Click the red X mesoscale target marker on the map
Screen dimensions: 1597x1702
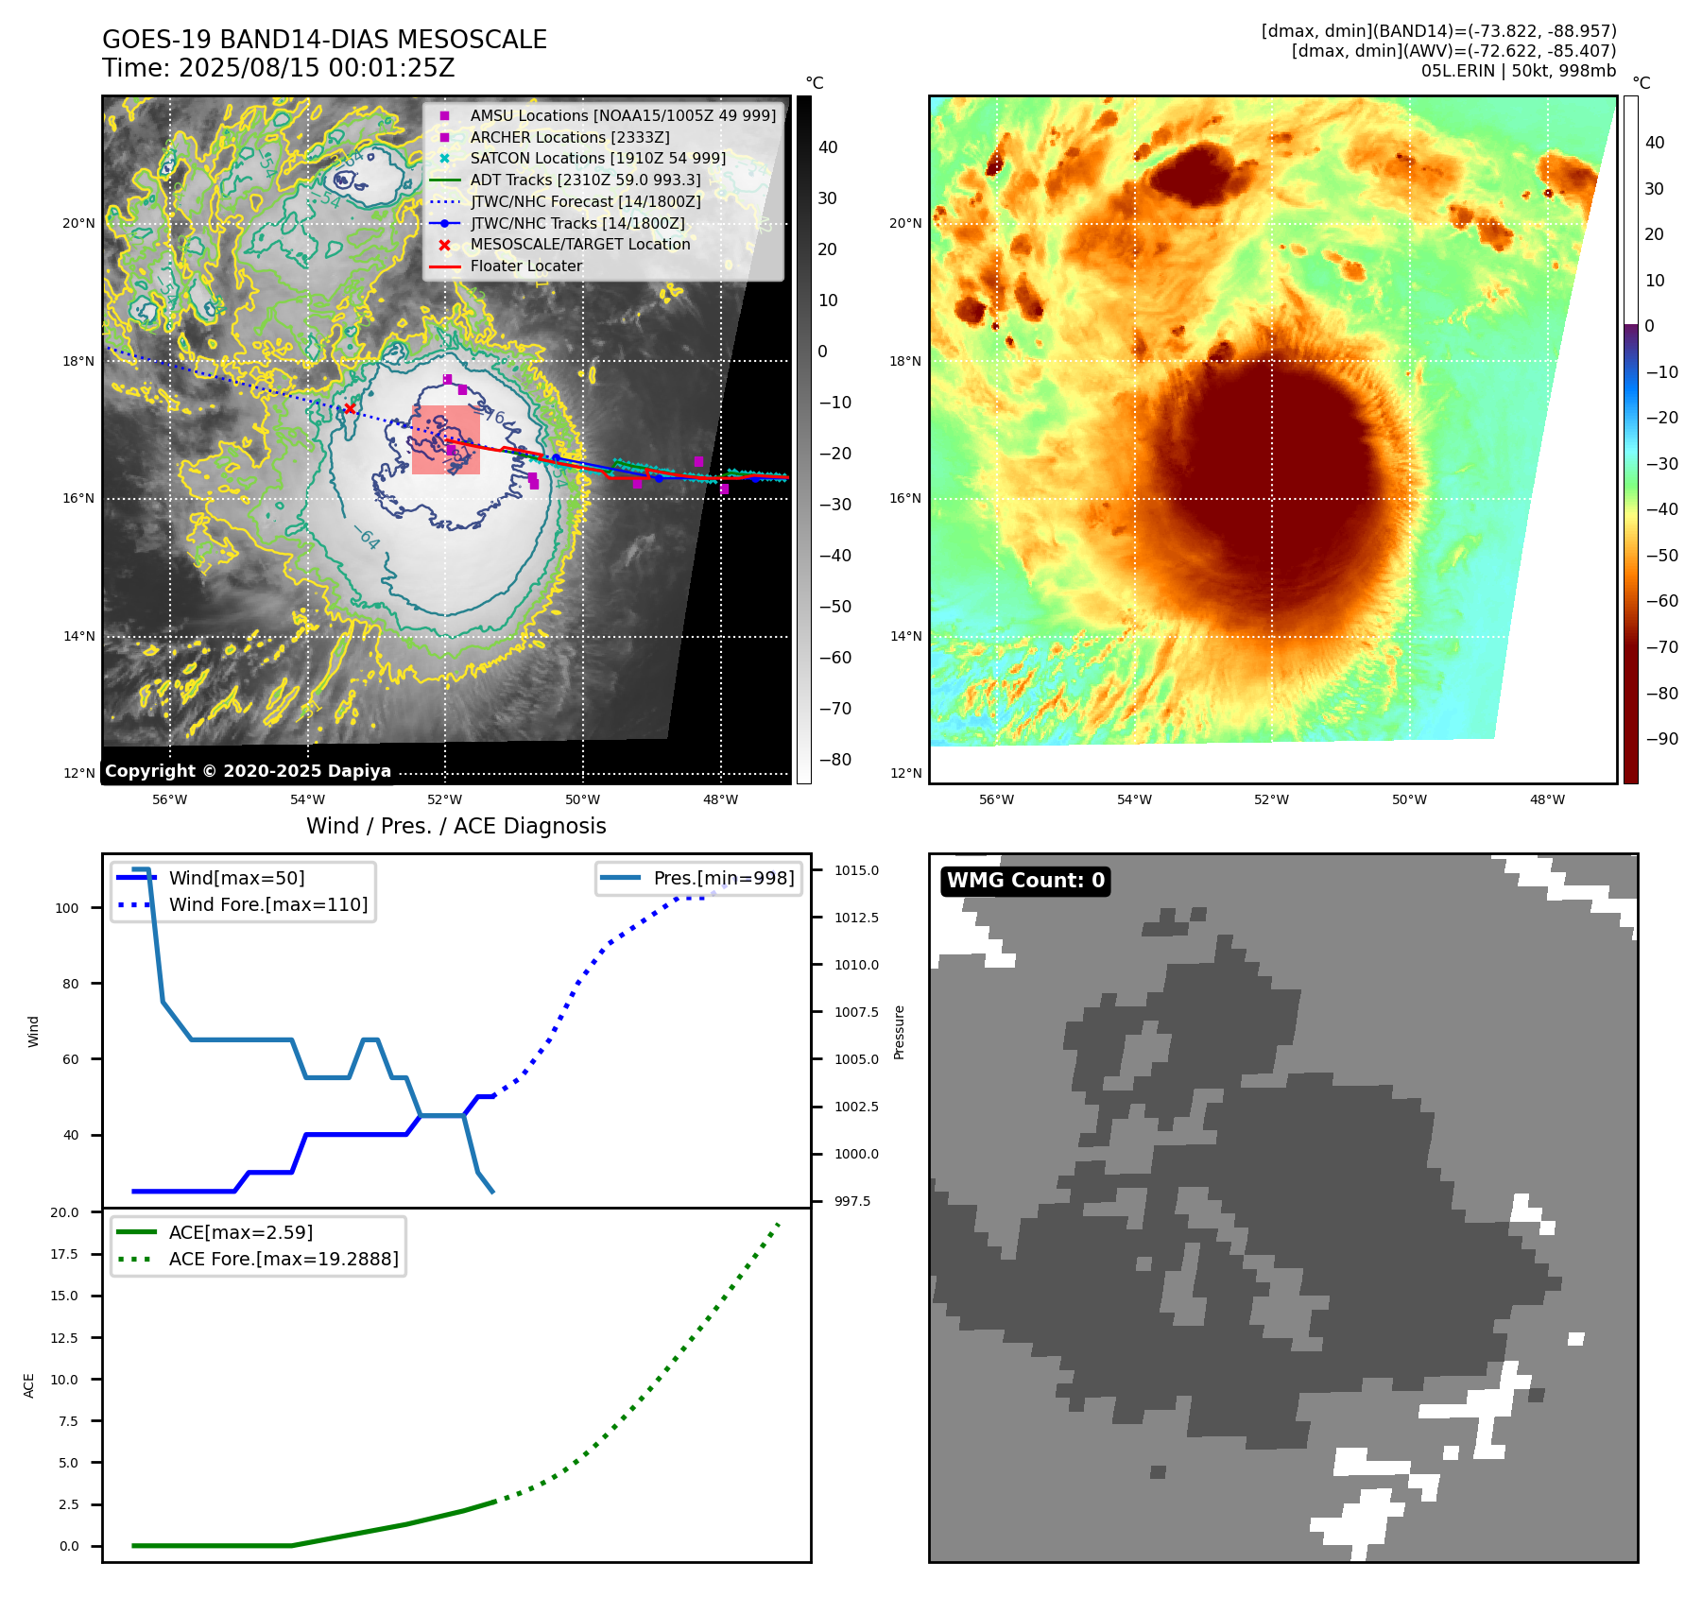pos(350,408)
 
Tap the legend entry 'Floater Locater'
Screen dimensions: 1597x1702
pos(525,266)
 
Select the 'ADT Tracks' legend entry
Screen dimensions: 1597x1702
pos(585,180)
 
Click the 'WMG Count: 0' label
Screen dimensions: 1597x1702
pos(1025,881)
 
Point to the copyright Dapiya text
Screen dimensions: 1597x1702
pos(248,771)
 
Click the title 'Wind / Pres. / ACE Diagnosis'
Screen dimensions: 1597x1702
pos(456,826)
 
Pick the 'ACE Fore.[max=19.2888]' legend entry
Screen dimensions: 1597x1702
pos(283,1259)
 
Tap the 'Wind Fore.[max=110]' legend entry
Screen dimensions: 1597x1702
pos(267,904)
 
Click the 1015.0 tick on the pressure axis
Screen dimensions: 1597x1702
pos(856,870)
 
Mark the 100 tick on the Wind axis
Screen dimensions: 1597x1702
pos(67,908)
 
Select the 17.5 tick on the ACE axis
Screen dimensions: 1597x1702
pos(64,1254)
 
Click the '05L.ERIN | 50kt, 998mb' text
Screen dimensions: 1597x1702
pos(1518,71)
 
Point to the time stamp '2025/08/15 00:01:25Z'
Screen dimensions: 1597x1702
pos(317,68)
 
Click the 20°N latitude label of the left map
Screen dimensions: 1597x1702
pos(78,224)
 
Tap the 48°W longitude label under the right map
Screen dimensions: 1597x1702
pos(1547,799)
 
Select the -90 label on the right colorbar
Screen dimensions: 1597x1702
pos(1661,739)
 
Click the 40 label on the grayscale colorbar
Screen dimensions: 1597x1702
pos(828,147)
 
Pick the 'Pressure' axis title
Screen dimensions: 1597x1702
pos(899,1032)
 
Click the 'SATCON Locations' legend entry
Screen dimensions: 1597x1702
pos(597,159)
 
